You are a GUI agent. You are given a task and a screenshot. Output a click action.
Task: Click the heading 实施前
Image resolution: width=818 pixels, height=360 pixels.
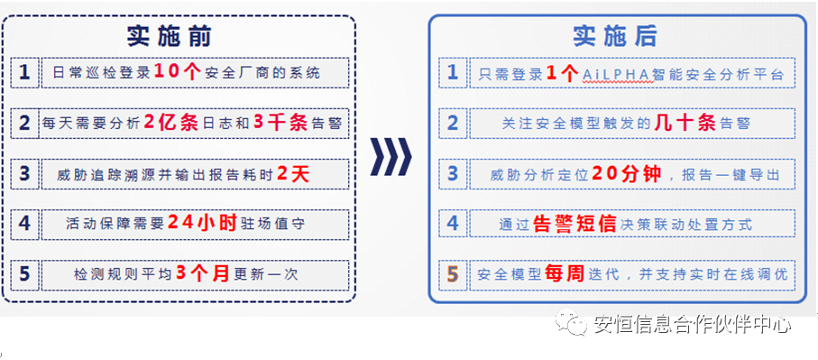point(169,36)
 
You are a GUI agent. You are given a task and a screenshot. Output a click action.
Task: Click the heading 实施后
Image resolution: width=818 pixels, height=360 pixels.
point(615,36)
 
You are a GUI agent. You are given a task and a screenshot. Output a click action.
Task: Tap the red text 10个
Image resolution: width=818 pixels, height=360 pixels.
point(178,72)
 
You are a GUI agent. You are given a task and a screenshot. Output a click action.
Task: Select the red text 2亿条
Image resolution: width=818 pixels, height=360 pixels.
point(170,123)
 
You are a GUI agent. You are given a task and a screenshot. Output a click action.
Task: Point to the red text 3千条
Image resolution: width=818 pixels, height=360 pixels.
point(281,123)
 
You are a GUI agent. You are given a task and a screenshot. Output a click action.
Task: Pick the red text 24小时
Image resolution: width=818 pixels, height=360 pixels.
point(202,224)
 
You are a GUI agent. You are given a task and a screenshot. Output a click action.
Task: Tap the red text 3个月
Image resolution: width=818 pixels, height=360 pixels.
point(203,274)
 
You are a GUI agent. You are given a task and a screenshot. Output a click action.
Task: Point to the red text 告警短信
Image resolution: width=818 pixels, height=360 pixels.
point(575,224)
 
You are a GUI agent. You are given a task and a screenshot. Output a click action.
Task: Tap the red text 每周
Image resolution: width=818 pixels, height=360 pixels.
point(565,274)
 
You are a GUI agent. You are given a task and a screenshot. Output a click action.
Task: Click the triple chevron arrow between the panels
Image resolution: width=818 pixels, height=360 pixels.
point(391,157)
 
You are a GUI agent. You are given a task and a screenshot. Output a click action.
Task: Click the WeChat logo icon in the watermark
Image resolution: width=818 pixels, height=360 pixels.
point(571,324)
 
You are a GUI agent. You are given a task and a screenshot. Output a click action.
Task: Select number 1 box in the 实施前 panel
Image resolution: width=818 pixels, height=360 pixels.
point(24,72)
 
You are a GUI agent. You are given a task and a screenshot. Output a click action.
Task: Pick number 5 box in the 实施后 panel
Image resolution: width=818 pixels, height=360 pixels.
point(453,274)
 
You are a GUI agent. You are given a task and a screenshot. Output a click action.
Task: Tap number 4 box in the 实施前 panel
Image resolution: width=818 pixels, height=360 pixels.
point(24,224)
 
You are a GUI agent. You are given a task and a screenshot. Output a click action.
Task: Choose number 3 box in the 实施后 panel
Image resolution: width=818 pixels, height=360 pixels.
point(453,174)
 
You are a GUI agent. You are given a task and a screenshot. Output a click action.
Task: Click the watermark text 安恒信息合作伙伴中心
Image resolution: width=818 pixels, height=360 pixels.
point(693,325)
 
